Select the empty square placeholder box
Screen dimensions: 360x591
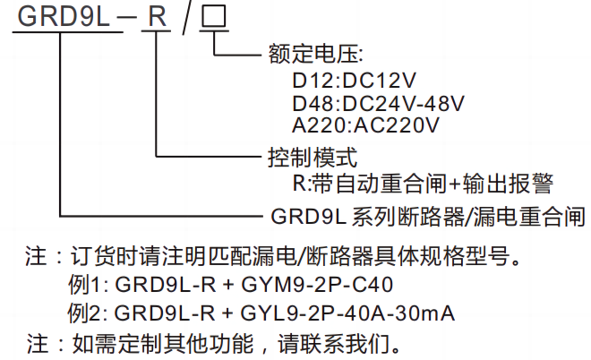(212, 17)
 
